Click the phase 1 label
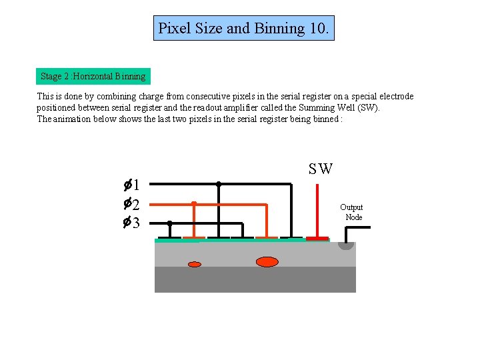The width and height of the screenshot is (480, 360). click(131, 185)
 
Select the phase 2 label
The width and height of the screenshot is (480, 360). click(131, 203)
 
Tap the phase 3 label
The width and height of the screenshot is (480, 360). click(131, 223)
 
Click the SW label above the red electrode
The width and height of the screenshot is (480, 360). click(320, 169)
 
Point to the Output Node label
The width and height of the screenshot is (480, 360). click(351, 212)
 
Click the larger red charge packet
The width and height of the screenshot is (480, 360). click(267, 261)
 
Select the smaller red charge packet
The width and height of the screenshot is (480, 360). click(195, 264)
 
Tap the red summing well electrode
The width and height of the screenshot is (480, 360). click(317, 238)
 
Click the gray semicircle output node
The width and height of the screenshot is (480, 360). click(345, 245)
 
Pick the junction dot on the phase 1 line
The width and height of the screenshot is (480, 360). click(218, 183)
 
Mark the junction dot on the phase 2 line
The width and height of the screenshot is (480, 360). click(193, 203)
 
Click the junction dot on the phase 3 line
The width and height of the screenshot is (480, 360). click(169, 223)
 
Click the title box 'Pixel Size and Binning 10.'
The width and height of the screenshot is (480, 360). click(243, 28)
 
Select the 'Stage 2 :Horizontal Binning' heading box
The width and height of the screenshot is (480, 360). click(93, 76)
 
